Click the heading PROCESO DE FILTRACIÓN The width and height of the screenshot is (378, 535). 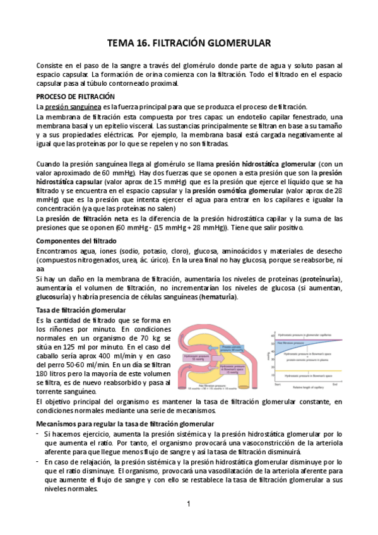[75, 97]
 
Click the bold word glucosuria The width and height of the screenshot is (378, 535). [54, 297]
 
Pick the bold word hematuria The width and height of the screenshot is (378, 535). [218, 297]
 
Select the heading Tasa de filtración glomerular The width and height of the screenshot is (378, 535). [81, 310]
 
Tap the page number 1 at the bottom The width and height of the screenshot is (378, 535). [188, 504]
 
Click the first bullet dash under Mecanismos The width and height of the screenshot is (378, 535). [39, 417]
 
